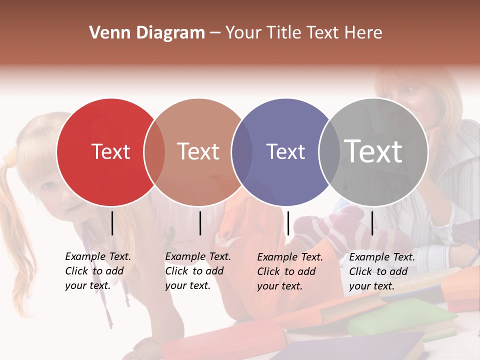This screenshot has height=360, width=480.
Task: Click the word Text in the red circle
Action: [110, 151]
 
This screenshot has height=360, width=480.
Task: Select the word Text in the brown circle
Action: [198, 151]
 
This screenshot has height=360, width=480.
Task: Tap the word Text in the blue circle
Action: [285, 151]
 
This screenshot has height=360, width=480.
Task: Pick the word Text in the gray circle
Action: [373, 151]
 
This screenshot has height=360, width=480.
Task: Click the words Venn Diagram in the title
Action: [147, 33]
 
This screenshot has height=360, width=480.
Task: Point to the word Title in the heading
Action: [285, 33]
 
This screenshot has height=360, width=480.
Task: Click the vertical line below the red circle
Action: [112, 223]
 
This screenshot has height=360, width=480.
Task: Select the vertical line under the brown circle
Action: [200, 223]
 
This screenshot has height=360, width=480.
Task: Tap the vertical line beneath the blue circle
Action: [288, 223]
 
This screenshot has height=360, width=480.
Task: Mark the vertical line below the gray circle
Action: [372, 223]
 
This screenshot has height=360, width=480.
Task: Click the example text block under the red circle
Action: [98, 271]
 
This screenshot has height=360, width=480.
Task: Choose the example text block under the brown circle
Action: [198, 271]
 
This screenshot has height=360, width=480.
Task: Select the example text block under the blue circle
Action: [290, 271]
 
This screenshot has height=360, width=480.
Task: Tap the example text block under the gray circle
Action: [382, 271]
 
